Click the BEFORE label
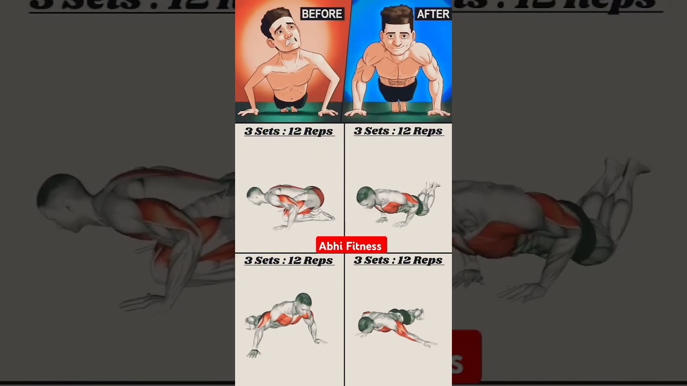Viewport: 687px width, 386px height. (x=321, y=14)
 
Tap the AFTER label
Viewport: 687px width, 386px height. (x=433, y=14)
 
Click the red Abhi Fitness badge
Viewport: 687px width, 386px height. (x=351, y=246)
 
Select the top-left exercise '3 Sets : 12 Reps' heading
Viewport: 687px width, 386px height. (x=289, y=131)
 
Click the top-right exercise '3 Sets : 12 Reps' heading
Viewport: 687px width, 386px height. (x=398, y=131)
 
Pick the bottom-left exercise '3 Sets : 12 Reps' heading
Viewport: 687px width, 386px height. (x=289, y=261)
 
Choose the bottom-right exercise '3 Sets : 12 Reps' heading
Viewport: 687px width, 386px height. (x=398, y=261)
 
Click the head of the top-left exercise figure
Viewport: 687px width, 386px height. (x=255, y=195)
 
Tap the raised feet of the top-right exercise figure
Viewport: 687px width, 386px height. (x=432, y=188)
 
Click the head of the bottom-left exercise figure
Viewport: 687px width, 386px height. (x=303, y=301)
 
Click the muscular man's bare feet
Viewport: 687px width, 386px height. (x=398, y=107)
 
